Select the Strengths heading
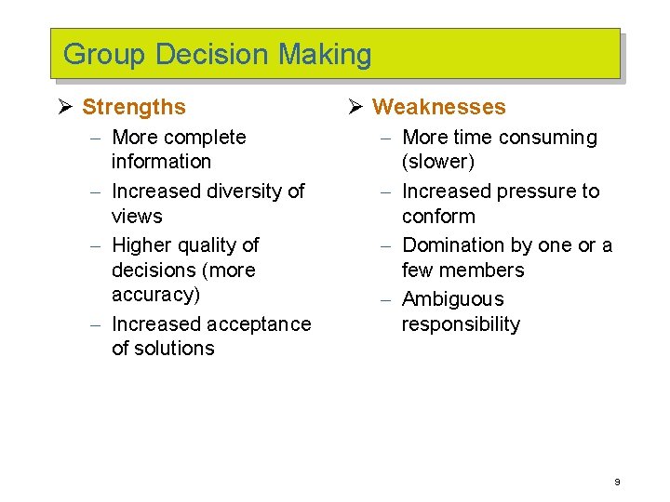(134, 108)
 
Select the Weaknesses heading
(439, 108)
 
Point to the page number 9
(617, 482)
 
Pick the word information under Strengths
(161, 162)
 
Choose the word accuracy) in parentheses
(155, 296)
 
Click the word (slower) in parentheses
(437, 162)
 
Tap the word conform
(438, 217)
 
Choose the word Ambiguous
(452, 299)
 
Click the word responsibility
(461, 324)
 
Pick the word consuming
(548, 138)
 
